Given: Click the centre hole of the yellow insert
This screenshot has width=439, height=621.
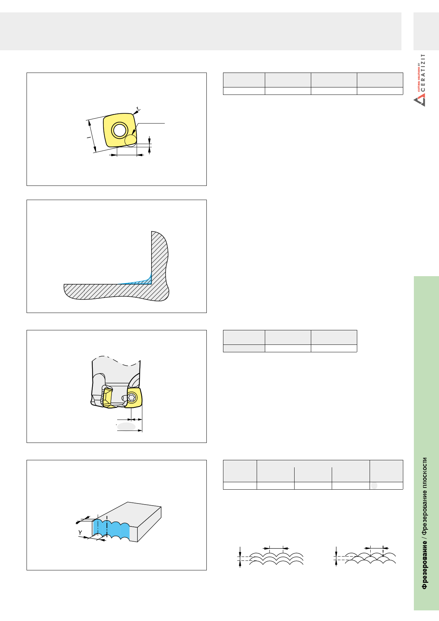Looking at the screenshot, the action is (120, 130).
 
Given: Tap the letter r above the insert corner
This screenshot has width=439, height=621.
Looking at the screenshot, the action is (138, 108).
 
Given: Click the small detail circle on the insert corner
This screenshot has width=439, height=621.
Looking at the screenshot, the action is (131, 140).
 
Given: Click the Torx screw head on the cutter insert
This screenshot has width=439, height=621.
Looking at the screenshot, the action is (132, 397).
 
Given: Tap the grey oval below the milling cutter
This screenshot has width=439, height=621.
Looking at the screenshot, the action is (126, 427).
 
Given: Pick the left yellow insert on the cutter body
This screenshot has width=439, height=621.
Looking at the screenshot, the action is (107, 398).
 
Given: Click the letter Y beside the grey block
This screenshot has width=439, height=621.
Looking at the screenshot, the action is (80, 532).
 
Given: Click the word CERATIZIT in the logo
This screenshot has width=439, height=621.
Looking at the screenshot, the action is (423, 73).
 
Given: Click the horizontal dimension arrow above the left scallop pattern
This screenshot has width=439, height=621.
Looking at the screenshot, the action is (276, 548).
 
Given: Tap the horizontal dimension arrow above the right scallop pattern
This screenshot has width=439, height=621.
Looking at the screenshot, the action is (377, 548).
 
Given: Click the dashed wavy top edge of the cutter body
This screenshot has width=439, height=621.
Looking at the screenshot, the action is (116, 360).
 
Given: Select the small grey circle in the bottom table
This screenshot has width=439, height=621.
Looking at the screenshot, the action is (374, 485).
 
